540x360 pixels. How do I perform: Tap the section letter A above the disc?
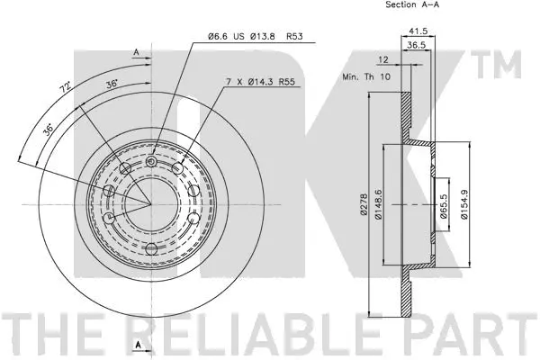(137, 53)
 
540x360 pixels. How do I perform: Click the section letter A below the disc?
(138, 346)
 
